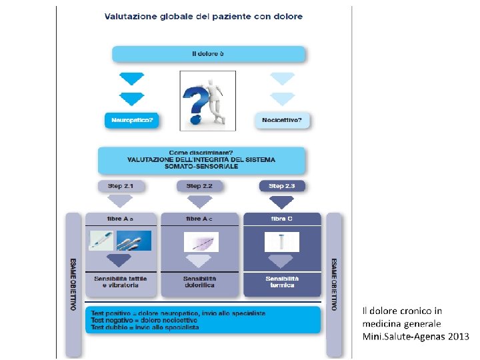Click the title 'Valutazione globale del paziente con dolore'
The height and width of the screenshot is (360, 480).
coord(203,16)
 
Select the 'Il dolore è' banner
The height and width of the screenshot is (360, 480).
coord(208,53)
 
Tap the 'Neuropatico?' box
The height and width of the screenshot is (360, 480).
coord(132,121)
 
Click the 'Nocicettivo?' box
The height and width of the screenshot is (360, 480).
coord(283,121)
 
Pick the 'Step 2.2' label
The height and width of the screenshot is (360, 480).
coord(199,186)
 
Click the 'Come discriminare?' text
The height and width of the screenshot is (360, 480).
coord(201,153)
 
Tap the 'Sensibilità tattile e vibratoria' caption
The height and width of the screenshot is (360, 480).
coord(120,281)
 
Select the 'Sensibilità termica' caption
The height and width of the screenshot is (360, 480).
coord(282,281)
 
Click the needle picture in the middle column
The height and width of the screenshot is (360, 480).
coord(201,241)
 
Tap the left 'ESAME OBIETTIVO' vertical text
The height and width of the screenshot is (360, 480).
coord(73,283)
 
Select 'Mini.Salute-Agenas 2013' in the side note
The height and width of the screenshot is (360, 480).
coord(415,337)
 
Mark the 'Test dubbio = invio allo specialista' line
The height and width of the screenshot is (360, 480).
coord(145,327)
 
